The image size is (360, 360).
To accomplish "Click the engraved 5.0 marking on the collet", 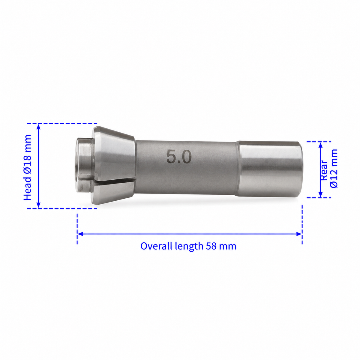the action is pyautogui.click(x=179, y=157).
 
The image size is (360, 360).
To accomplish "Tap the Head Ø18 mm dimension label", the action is pyautogui.click(x=28, y=167).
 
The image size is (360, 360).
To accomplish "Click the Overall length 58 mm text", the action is pyautogui.click(x=188, y=246).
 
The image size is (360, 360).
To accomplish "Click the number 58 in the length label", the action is pyautogui.click(x=211, y=246).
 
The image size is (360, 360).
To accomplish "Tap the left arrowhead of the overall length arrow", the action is pyautogui.click(x=80, y=234).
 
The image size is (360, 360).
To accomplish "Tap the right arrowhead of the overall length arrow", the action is pyautogui.click(x=299, y=234).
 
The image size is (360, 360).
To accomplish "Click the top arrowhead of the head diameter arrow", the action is pyautogui.click(x=38, y=127).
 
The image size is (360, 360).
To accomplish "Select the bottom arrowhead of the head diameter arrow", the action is pyautogui.click(x=38, y=205).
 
